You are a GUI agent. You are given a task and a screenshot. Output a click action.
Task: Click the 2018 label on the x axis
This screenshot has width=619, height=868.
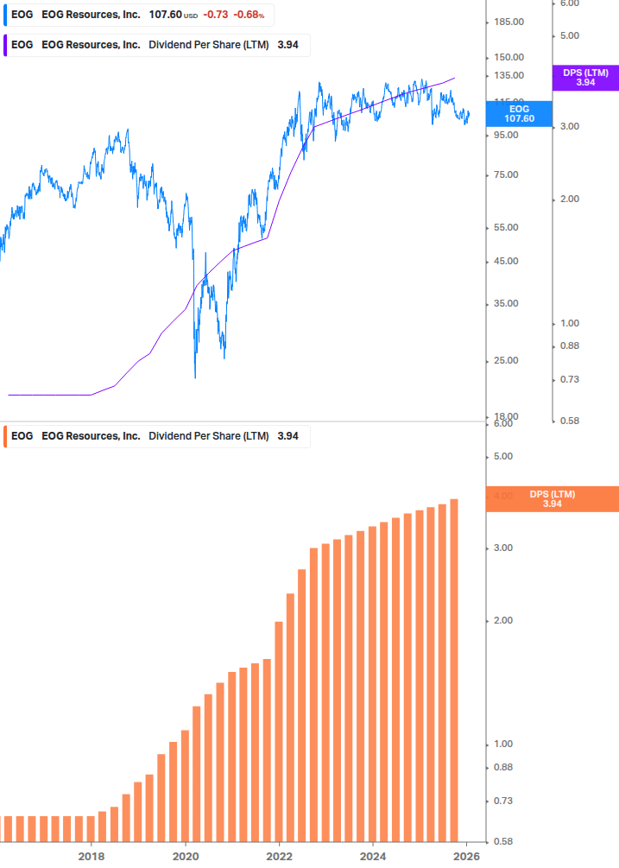(92, 856)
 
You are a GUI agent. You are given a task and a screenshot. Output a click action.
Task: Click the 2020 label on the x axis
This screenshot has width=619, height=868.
(186, 856)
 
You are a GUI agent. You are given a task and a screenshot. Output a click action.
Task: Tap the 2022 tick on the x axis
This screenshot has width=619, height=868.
(279, 856)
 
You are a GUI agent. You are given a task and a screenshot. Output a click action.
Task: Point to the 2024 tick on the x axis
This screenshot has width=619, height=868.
(373, 856)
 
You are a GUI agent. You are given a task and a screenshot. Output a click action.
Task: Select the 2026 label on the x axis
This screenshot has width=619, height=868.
(466, 856)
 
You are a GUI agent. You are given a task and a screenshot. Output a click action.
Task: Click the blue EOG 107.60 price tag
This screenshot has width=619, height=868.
(519, 114)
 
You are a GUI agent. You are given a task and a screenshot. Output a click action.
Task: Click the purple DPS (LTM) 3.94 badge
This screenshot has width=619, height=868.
(585, 78)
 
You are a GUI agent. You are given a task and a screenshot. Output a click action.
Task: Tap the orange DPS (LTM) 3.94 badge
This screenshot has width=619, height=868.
(553, 499)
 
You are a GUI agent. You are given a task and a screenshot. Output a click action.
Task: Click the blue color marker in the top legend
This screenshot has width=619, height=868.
(5, 16)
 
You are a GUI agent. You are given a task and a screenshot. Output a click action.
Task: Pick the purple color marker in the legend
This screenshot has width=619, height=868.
(5, 45)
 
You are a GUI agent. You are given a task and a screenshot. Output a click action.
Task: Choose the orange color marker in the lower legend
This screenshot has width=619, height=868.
(5, 436)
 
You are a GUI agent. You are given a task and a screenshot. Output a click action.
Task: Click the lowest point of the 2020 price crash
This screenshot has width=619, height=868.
(195, 377)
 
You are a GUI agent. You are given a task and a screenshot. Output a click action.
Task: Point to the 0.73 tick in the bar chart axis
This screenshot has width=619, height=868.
(502, 801)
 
